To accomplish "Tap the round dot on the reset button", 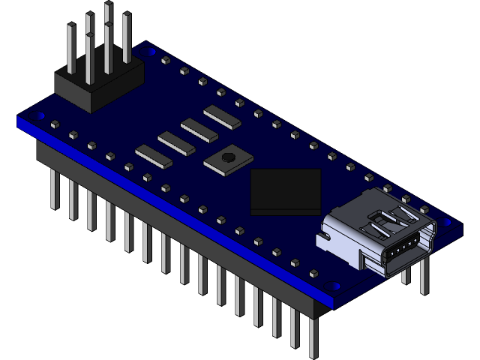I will pos(227,157).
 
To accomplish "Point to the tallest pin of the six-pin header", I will pos(108,22).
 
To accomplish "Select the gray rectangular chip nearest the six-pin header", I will pos(154,153).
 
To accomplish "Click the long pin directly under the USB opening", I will pos(406,277).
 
